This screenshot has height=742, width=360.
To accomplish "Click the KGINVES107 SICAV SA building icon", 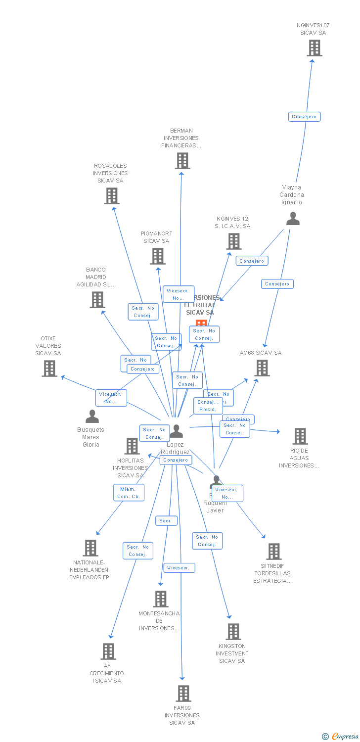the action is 314,48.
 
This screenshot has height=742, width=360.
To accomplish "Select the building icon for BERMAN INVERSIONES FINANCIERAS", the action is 182,161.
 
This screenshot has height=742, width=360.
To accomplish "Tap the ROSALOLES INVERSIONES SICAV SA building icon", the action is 112,196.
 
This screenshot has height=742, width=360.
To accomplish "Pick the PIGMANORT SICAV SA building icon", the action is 158,256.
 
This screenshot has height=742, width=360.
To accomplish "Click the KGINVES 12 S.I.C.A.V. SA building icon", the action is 233,241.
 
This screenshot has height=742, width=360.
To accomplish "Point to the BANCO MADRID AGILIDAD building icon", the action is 97,300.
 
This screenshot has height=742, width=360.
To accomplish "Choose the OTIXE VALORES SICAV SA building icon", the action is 49,369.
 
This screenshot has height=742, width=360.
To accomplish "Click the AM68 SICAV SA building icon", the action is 262,368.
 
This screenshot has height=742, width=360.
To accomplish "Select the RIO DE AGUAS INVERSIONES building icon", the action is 300,436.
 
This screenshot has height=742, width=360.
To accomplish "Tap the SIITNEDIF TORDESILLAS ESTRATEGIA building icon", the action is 273,552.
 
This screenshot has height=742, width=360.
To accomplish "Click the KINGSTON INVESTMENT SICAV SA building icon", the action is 233,632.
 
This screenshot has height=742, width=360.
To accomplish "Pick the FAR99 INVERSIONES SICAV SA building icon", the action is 183,694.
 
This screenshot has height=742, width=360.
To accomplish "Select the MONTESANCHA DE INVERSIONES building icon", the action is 160,599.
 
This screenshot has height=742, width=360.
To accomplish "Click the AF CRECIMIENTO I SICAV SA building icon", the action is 108,651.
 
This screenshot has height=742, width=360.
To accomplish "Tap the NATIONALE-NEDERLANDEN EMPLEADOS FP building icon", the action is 90,548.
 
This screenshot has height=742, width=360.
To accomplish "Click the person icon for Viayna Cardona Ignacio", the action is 293,219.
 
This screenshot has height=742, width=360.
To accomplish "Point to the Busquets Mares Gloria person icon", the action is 92,417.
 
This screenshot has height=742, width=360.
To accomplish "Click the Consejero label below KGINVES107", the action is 305,117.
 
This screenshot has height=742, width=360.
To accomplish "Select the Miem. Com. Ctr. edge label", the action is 129,493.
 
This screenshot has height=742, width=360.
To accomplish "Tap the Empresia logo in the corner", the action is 341,737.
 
